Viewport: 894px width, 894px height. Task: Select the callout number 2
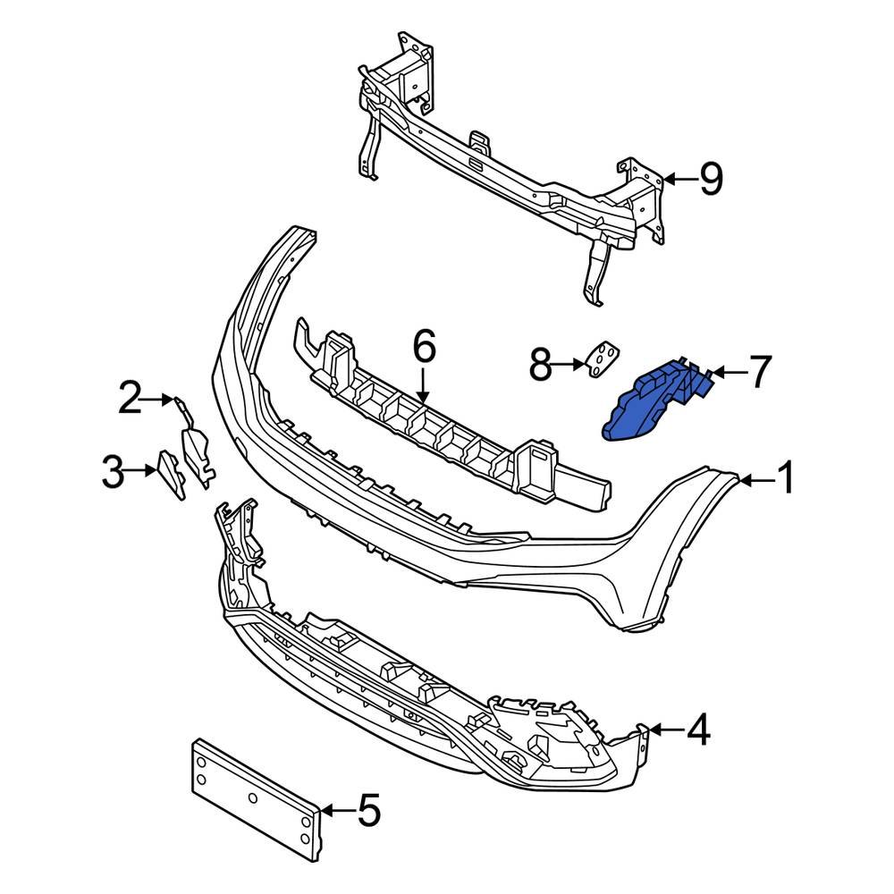pos(131,399)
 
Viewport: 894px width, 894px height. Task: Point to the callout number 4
pos(697,730)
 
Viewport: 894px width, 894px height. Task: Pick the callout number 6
pos(423,346)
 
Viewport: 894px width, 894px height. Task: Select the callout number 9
pos(710,180)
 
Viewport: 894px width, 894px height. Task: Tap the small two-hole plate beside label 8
pos(601,360)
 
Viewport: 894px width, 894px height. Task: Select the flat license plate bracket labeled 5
pos(255,797)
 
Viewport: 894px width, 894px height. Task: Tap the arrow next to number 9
pos(679,180)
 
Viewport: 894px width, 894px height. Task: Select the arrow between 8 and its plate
pos(569,364)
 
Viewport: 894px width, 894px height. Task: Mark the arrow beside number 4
pos(664,730)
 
